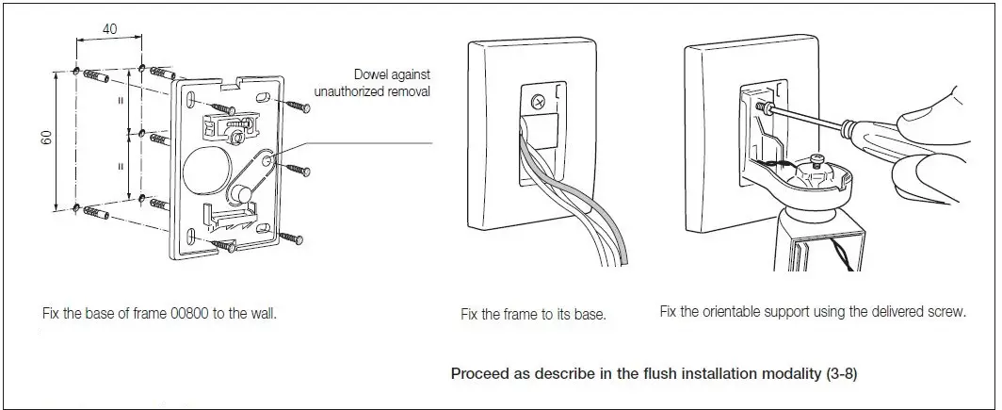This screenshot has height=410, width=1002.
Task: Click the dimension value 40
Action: point(109,29)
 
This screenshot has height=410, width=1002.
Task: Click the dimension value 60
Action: point(45,138)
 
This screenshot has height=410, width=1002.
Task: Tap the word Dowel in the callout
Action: point(373,74)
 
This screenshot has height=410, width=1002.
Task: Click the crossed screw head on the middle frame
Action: point(539,100)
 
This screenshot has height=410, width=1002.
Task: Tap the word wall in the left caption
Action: point(263,312)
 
